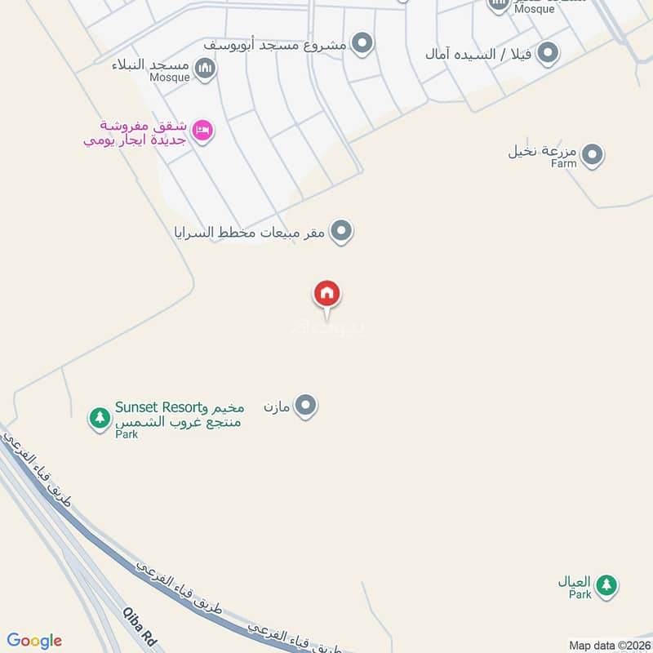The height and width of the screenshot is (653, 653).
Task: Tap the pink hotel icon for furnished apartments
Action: (x=202, y=131)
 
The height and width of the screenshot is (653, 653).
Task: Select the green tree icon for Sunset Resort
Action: (x=100, y=418)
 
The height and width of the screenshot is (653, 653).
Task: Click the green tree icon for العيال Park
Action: (x=606, y=584)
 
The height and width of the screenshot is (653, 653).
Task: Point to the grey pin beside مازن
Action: (x=305, y=405)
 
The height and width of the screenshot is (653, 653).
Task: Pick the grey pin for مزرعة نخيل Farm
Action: (x=592, y=154)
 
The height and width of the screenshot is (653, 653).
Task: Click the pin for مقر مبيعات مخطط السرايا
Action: (x=342, y=232)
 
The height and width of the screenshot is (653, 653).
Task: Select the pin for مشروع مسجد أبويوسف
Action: (x=362, y=42)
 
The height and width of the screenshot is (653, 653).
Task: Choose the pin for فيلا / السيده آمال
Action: (x=549, y=54)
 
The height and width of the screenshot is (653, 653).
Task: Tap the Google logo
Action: (x=34, y=641)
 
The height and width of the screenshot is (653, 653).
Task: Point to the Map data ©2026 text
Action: (x=608, y=645)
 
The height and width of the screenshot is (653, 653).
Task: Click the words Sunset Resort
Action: (x=157, y=406)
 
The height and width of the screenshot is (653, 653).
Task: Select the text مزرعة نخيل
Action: (x=542, y=150)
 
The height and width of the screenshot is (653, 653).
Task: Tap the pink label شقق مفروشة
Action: (x=144, y=126)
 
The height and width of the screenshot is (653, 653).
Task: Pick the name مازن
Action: (x=278, y=405)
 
